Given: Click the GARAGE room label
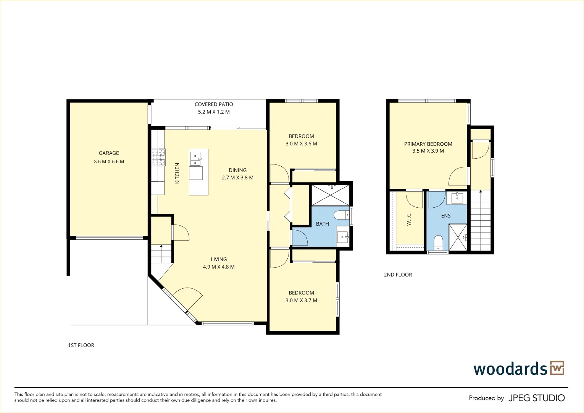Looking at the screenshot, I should click(109, 153).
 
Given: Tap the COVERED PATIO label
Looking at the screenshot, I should click(214, 104).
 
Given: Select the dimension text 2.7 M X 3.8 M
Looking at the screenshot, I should click(237, 178).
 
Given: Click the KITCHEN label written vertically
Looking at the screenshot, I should click(177, 173).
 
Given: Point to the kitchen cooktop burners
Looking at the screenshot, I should click(158, 157).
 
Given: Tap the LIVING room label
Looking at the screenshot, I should click(219, 259).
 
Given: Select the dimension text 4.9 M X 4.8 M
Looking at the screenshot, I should click(219, 267).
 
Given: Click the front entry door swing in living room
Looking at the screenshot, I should click(187, 298).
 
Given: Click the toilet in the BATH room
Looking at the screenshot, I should click(341, 215).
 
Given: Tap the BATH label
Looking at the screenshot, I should click(322, 224).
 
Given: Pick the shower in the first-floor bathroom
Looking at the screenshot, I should click(331, 195).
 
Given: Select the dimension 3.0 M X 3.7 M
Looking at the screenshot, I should click(301, 301).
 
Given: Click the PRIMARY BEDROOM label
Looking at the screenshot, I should click(428, 144).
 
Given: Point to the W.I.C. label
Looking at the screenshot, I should click(409, 219).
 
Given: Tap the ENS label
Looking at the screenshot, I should click(446, 216).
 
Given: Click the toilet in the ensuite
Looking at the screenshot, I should click(438, 242).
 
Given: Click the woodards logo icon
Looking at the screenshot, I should click(557, 368).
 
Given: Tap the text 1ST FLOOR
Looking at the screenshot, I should click(81, 345).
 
